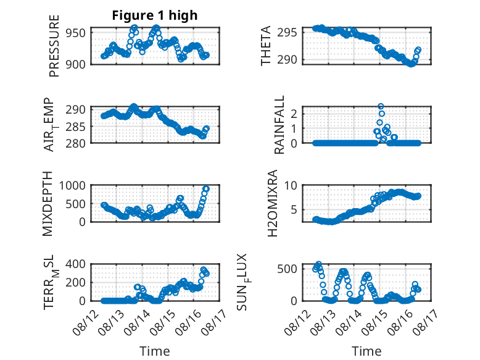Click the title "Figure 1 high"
point(155,15)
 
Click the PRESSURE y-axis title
point(54,46)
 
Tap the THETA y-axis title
point(266,46)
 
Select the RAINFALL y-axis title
point(279,125)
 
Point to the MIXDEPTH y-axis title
point(48,204)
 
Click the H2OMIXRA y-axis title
point(272,203)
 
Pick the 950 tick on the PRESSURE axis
point(76,33)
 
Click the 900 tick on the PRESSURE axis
point(76,64)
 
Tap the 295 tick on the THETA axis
point(287,32)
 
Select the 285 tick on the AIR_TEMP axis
point(76,127)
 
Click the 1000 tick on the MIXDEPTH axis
point(72,185)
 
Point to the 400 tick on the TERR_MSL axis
point(76,264)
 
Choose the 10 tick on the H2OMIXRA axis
point(291,185)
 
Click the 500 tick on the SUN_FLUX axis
point(287,269)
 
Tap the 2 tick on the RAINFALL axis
point(294,114)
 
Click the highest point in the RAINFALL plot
point(381,107)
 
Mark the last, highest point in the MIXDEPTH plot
point(206,189)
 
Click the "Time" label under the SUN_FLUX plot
point(366,351)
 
